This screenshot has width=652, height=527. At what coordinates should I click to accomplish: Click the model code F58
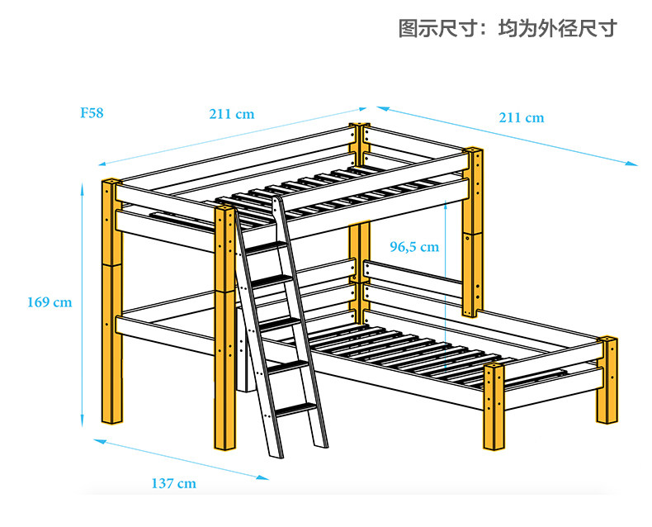[x=92, y=113]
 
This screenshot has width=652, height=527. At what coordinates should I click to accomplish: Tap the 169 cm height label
[x=50, y=302]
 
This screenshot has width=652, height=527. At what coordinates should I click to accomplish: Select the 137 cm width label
[x=173, y=483]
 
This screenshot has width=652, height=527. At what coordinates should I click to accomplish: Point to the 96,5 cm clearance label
[x=414, y=246]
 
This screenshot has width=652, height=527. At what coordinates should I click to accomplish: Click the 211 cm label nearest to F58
[x=231, y=114]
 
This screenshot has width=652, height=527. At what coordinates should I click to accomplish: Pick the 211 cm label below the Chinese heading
[x=522, y=117]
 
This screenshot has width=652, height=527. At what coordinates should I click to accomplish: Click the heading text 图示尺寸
[x=435, y=29]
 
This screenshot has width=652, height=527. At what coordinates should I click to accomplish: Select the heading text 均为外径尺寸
[x=558, y=29]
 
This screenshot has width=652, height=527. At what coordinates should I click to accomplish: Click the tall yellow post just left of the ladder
[x=224, y=330]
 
